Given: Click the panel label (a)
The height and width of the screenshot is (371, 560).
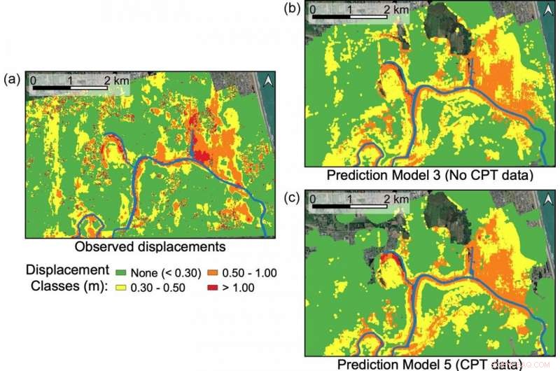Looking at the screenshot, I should pos(10,79).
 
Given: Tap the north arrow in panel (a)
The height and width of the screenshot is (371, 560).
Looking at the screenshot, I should pos(267,83).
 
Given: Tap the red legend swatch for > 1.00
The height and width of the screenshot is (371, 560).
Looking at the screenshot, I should pos(213,287).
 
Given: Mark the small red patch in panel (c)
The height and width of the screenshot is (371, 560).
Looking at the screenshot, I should pos(390,261).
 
